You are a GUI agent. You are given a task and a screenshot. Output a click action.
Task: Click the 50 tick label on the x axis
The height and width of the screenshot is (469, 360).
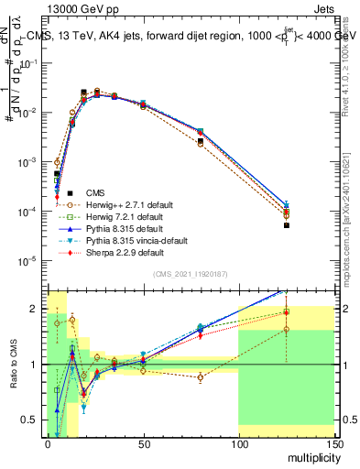(x=142, y=445)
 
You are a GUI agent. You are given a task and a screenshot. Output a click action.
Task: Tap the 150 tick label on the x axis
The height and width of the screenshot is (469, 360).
(x=333, y=445)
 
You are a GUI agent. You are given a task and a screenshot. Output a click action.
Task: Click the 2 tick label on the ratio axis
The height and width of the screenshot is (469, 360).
(x=38, y=308)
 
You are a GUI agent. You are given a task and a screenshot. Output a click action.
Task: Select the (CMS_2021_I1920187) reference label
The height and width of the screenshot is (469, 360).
(x=190, y=274)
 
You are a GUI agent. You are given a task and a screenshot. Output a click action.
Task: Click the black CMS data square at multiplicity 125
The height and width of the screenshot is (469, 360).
(x=286, y=225)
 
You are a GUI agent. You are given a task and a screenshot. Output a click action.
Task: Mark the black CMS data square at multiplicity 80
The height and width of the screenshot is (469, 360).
(x=200, y=141)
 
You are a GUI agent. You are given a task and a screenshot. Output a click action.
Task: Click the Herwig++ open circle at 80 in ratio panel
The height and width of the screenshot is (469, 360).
(x=200, y=377)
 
